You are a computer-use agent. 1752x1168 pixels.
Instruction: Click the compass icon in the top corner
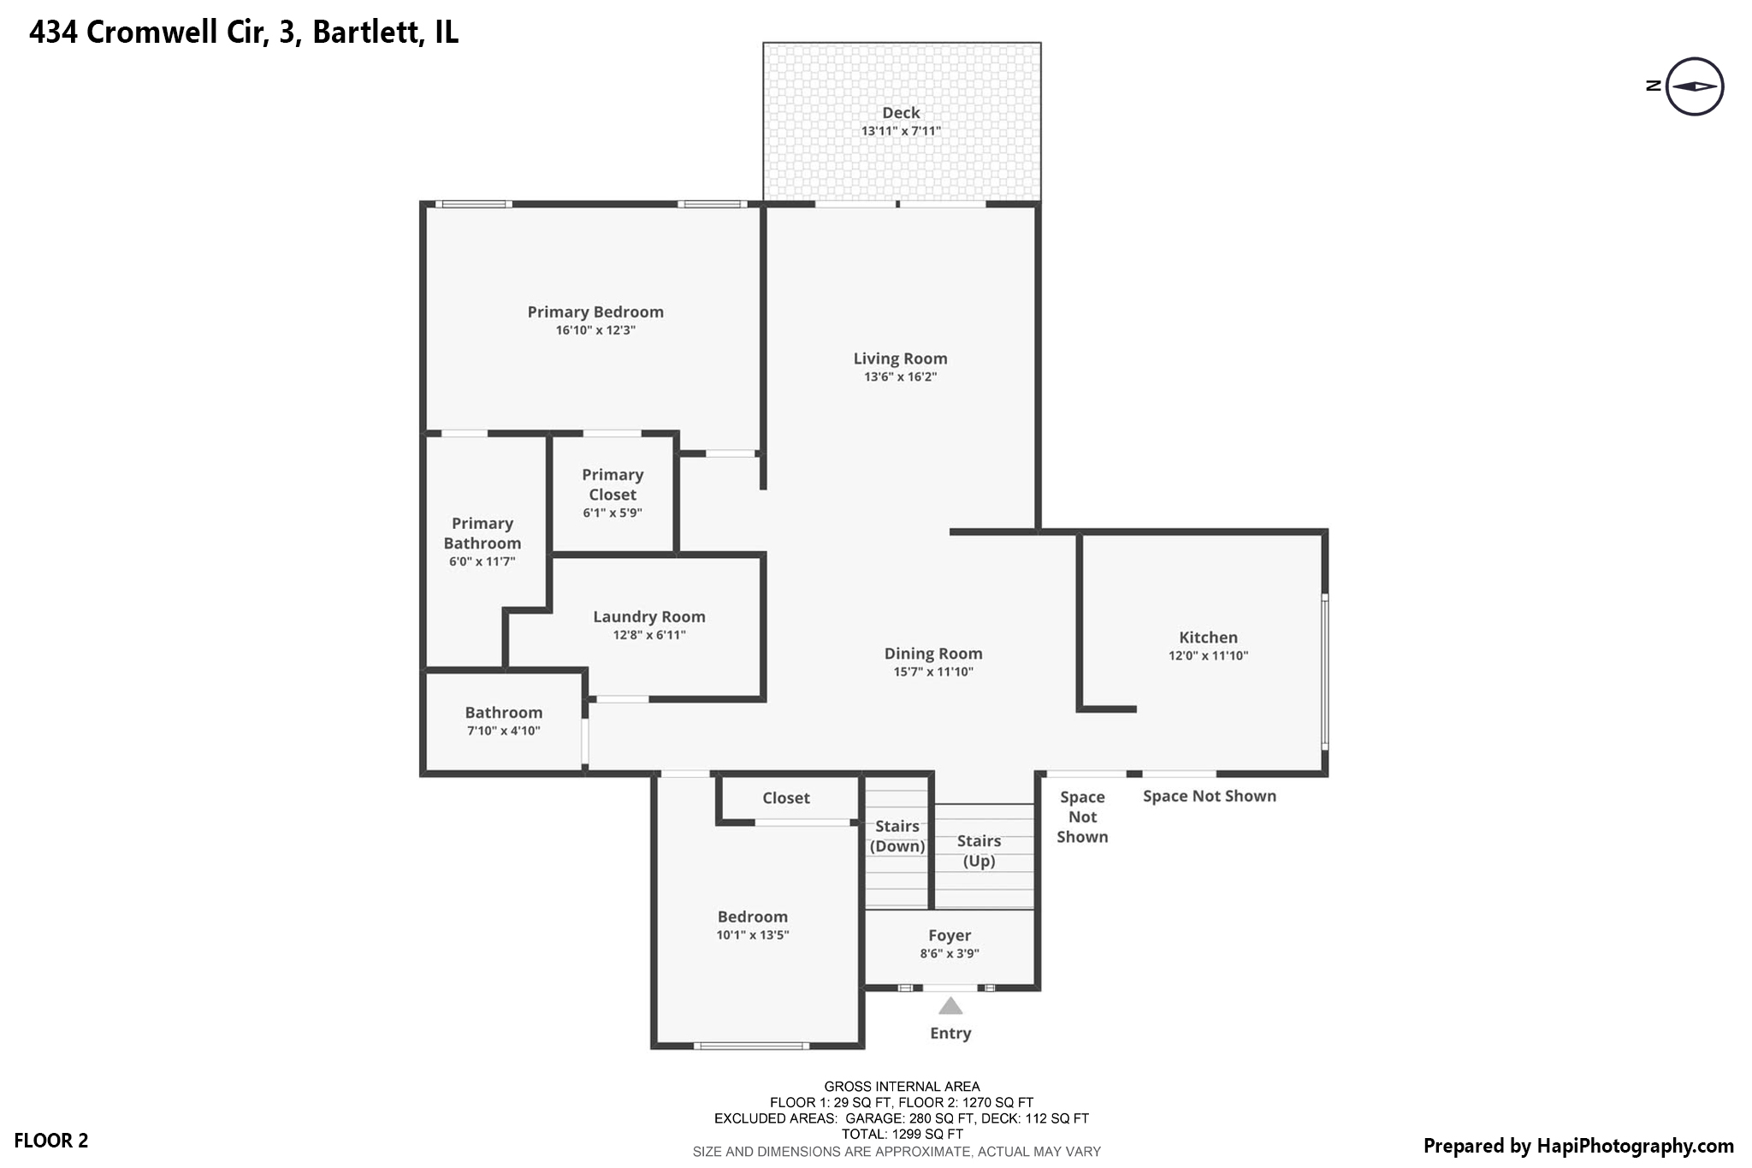1694,86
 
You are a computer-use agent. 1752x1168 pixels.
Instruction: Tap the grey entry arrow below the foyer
950,1005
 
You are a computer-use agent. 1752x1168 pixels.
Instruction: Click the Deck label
901,113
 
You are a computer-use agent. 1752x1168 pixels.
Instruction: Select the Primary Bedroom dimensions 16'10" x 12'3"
595,330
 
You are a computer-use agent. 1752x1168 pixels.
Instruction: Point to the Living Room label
900,359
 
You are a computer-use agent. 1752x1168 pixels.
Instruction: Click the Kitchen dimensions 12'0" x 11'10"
1208,656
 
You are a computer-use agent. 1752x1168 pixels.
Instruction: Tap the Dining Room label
933,654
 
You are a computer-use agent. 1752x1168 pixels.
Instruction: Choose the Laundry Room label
649,617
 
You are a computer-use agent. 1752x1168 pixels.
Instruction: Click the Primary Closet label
613,484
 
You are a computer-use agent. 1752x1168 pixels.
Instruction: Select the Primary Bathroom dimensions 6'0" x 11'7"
482,562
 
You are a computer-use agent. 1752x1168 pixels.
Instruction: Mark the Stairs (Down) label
897,836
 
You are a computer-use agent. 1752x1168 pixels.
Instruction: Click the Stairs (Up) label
979,851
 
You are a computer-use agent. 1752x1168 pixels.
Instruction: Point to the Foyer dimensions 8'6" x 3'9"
950,953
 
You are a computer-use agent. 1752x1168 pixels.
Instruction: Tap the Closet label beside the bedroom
786,798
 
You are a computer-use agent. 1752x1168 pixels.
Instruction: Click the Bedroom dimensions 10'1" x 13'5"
753,935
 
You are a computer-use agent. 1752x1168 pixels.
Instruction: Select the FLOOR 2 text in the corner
51,1141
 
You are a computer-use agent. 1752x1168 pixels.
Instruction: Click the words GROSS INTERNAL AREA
902,1087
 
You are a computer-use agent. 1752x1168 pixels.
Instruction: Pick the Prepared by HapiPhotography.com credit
1578,1146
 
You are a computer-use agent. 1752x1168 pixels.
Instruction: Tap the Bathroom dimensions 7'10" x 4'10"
504,731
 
